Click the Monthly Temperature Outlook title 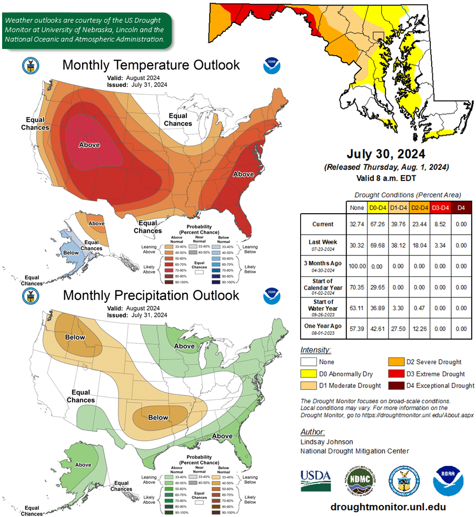pos(151,65)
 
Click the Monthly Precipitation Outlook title pos(151,295)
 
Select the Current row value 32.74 pos(356,224)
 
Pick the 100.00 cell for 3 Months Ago pos(356,266)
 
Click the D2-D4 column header pos(419,207)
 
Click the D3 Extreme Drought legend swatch pos(396,374)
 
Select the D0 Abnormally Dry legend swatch pos(309,374)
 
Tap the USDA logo pos(315,481)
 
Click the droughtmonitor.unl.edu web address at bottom pos(388,507)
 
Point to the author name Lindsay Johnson pos(326,442)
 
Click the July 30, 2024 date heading pos(386,154)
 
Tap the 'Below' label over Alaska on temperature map pos(71,253)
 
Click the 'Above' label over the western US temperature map pos(89,145)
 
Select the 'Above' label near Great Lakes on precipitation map pos(184,346)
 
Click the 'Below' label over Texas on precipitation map pos(158,417)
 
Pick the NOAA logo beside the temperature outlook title pos(272,66)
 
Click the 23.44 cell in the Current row pos(419,224)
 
